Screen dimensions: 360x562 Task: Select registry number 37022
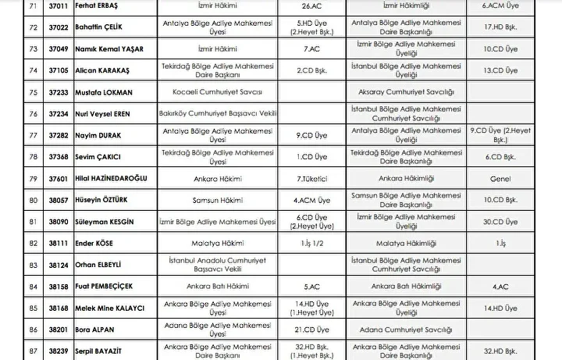37,27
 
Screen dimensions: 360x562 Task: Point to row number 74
11,70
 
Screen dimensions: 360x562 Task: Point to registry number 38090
37,222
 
